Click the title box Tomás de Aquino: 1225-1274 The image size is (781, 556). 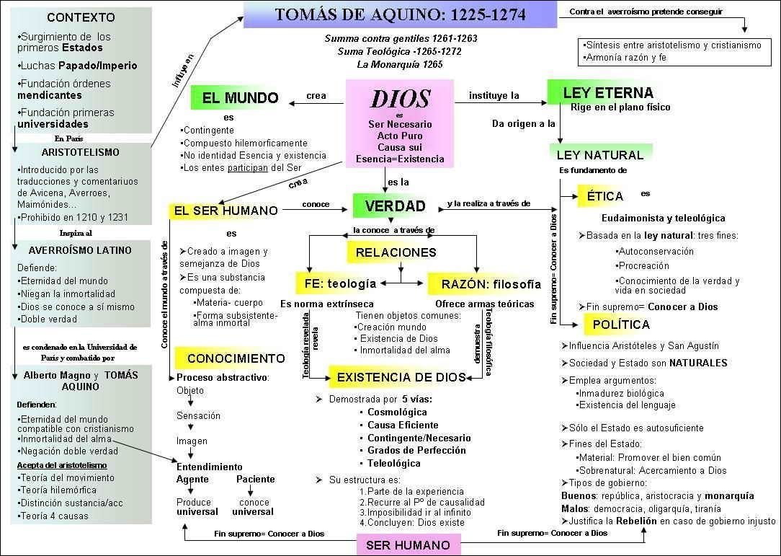[x=401, y=14]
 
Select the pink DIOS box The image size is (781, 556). [x=400, y=123]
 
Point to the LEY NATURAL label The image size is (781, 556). [x=599, y=154]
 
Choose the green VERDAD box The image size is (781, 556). [x=395, y=206]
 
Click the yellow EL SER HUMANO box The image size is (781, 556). [x=226, y=211]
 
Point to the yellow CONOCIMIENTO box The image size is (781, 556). [x=236, y=358]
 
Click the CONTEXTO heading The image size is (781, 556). [x=80, y=17]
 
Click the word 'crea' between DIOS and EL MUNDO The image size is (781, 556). [x=316, y=96]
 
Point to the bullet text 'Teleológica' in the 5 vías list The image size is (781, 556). [x=393, y=463]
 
